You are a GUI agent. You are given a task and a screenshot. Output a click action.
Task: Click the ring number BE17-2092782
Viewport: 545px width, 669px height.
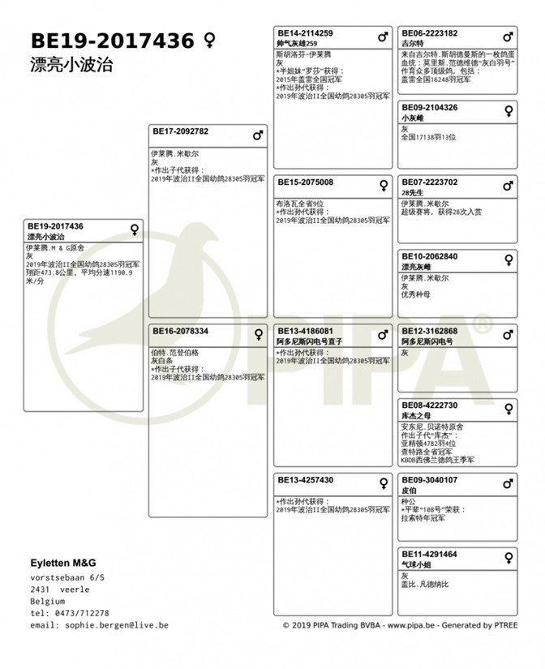181,131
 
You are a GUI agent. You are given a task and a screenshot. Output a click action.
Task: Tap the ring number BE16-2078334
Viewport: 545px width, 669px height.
180,331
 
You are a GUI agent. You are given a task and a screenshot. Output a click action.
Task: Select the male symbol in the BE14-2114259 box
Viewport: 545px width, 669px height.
383,37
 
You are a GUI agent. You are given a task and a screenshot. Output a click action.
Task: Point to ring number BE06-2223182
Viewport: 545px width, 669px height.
429,33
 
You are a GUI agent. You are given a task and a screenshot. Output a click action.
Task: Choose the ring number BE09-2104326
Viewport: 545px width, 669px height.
429,107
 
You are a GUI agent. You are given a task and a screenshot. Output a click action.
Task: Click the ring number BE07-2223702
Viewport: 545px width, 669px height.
429,182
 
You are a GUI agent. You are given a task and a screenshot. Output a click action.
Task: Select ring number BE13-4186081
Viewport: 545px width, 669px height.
305,331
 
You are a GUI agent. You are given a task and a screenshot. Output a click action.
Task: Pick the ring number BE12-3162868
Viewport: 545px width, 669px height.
429,331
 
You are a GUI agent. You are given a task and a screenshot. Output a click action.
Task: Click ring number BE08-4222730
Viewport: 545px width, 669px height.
429,405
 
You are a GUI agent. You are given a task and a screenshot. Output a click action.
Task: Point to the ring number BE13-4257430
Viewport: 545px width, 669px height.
305,480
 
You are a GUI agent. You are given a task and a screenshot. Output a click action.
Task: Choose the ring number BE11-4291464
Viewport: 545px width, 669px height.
429,554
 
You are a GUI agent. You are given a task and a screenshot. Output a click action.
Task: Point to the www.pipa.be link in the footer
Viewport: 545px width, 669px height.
410,625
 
